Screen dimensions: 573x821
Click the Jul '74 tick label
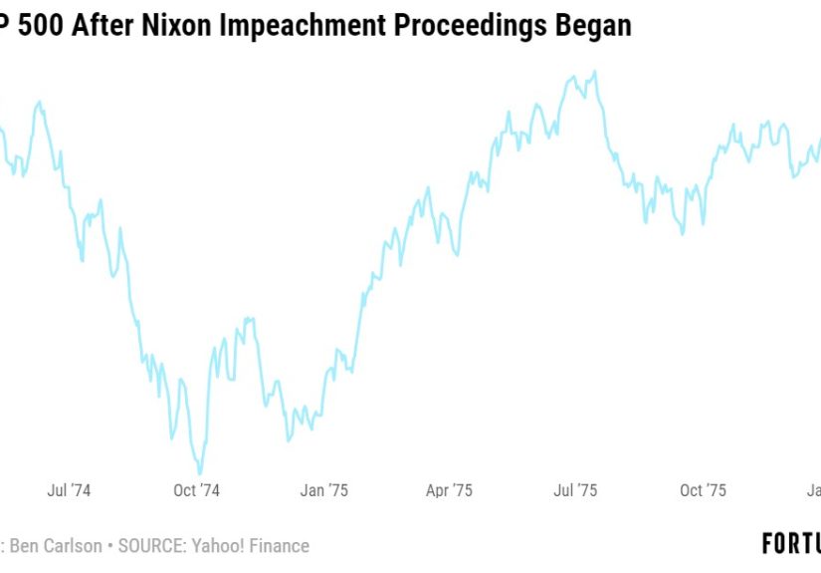tap(69, 490)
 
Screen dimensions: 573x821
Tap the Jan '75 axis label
tap(324, 490)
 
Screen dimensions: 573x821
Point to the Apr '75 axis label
tap(449, 490)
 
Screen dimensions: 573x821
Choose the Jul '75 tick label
tap(575, 490)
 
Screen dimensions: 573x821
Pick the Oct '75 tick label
tap(703, 490)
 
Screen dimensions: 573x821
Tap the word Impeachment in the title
tap(305, 26)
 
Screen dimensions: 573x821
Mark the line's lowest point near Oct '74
tap(200, 473)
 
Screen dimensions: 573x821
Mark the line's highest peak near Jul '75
tap(594, 72)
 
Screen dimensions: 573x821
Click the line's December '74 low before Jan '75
tap(289, 439)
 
